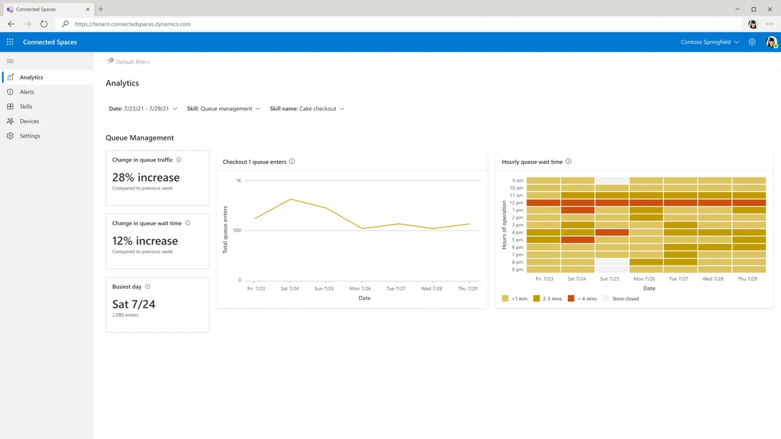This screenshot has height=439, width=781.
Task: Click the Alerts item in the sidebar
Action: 27,92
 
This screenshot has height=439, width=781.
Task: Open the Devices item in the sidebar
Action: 29,121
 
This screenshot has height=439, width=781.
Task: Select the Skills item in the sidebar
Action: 26,107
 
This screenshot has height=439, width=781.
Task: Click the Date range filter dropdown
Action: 143,108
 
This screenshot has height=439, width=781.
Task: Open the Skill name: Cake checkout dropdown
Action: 307,108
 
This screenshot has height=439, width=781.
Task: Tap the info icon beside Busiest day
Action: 147,286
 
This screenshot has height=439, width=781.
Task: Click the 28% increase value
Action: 146,177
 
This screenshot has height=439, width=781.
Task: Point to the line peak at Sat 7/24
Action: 291,199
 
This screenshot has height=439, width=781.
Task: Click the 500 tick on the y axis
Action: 237,230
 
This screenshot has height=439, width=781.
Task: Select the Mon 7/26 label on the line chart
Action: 360,288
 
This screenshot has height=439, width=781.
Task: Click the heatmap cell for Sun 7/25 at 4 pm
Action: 612,232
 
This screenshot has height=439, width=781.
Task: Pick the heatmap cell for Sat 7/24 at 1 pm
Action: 578,210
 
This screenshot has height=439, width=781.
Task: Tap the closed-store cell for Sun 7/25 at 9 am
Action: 612,180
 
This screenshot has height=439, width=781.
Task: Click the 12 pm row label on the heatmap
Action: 516,203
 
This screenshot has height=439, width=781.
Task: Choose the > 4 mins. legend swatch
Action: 571,299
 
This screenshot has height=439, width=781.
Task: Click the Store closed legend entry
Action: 621,299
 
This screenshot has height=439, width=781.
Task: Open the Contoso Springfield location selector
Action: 709,42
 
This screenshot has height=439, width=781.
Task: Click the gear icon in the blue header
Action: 752,42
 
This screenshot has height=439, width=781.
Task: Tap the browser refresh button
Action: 44,24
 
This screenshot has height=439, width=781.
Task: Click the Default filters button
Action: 128,61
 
